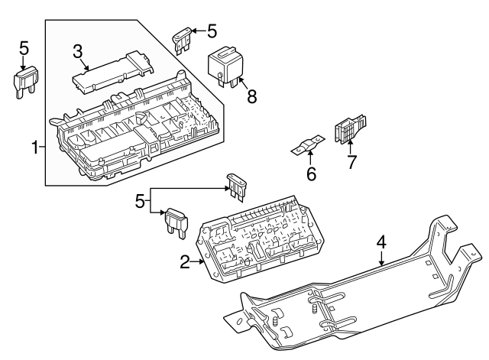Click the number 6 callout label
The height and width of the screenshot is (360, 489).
coord(311,174)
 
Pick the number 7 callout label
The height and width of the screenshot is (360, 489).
coord(351,161)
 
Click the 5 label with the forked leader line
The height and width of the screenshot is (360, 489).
coord(139,203)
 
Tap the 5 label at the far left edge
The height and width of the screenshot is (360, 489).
coord(24,48)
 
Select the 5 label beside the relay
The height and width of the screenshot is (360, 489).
coord(212,31)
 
